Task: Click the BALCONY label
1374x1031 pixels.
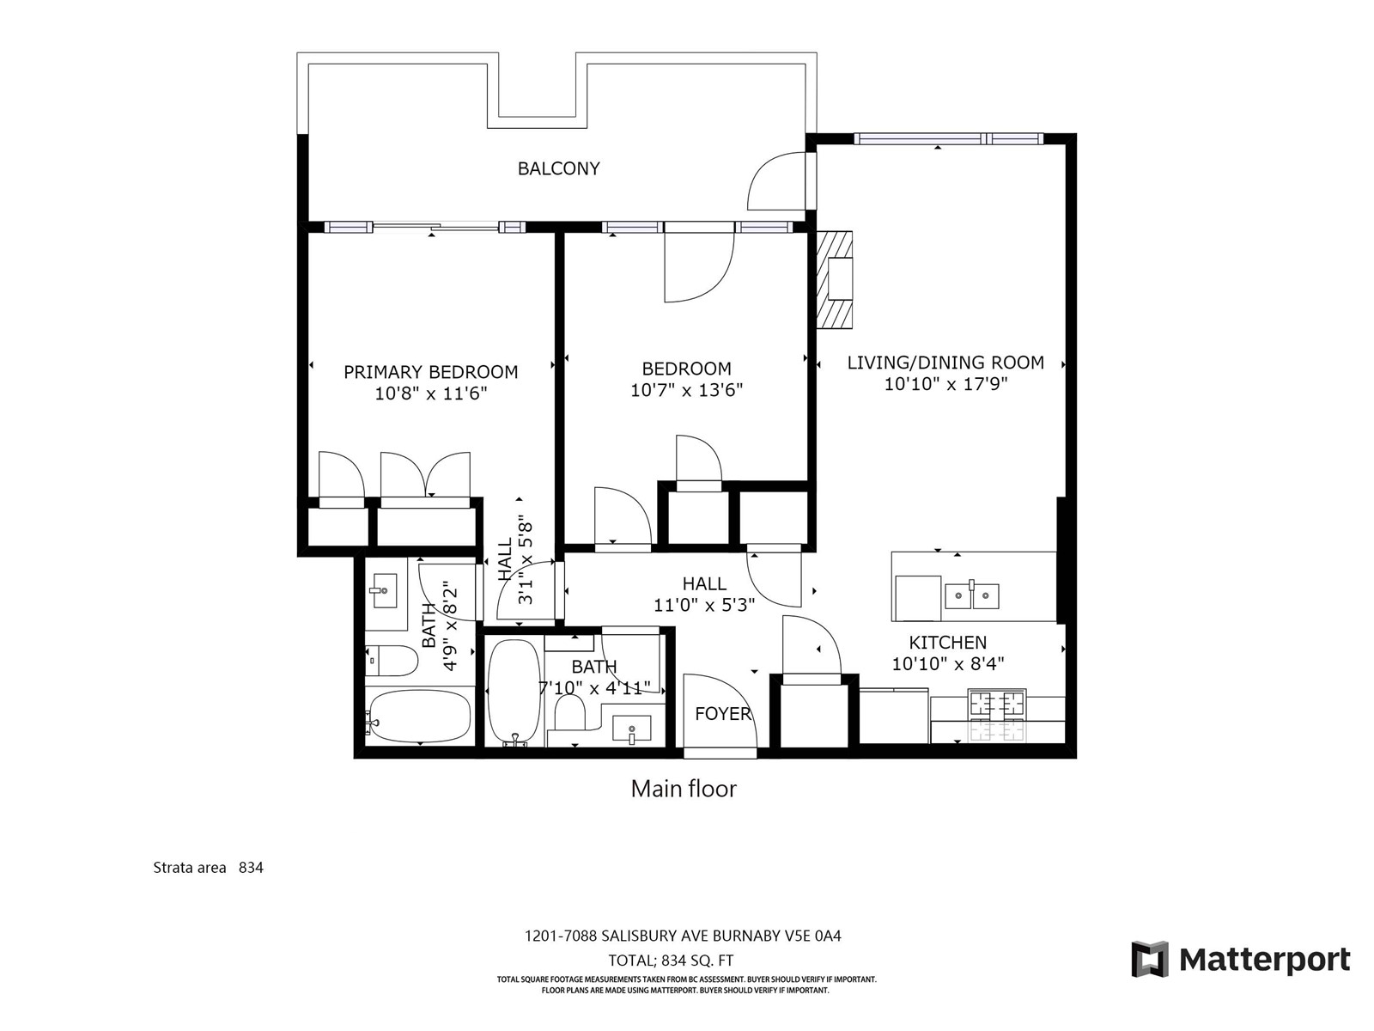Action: tap(558, 168)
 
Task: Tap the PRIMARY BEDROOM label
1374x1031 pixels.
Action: tap(431, 373)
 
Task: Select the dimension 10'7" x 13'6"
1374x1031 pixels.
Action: tap(686, 391)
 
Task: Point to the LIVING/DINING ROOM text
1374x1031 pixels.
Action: tap(945, 363)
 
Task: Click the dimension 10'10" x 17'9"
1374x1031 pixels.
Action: tap(945, 384)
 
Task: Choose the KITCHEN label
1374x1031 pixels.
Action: tap(948, 643)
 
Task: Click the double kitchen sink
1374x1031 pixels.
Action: tap(971, 596)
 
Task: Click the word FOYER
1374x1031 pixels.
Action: tap(723, 714)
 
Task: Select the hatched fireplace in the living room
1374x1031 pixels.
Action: tap(835, 280)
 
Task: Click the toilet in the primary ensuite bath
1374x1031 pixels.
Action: tap(392, 661)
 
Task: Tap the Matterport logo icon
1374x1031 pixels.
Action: tap(1150, 960)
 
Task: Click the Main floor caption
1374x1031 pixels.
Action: tap(684, 789)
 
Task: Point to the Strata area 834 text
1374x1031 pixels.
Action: tap(209, 868)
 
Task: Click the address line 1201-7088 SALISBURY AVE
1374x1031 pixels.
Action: tap(683, 936)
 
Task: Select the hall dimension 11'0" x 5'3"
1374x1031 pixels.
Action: tap(704, 606)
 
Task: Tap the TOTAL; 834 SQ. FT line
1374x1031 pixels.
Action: tap(671, 961)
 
